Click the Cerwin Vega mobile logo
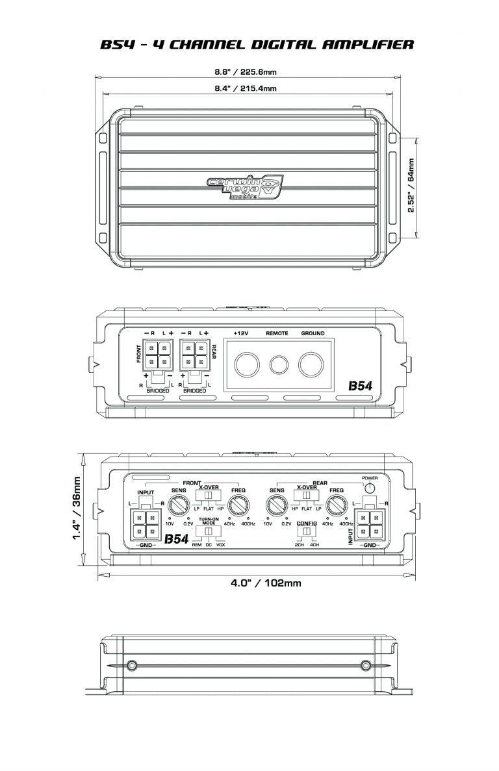pyautogui.click(x=246, y=189)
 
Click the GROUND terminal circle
pyautogui.click(x=312, y=364)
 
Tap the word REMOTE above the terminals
pyautogui.click(x=278, y=334)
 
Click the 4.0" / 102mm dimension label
pyautogui.click(x=266, y=583)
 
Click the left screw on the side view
pyautogui.click(x=132, y=664)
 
